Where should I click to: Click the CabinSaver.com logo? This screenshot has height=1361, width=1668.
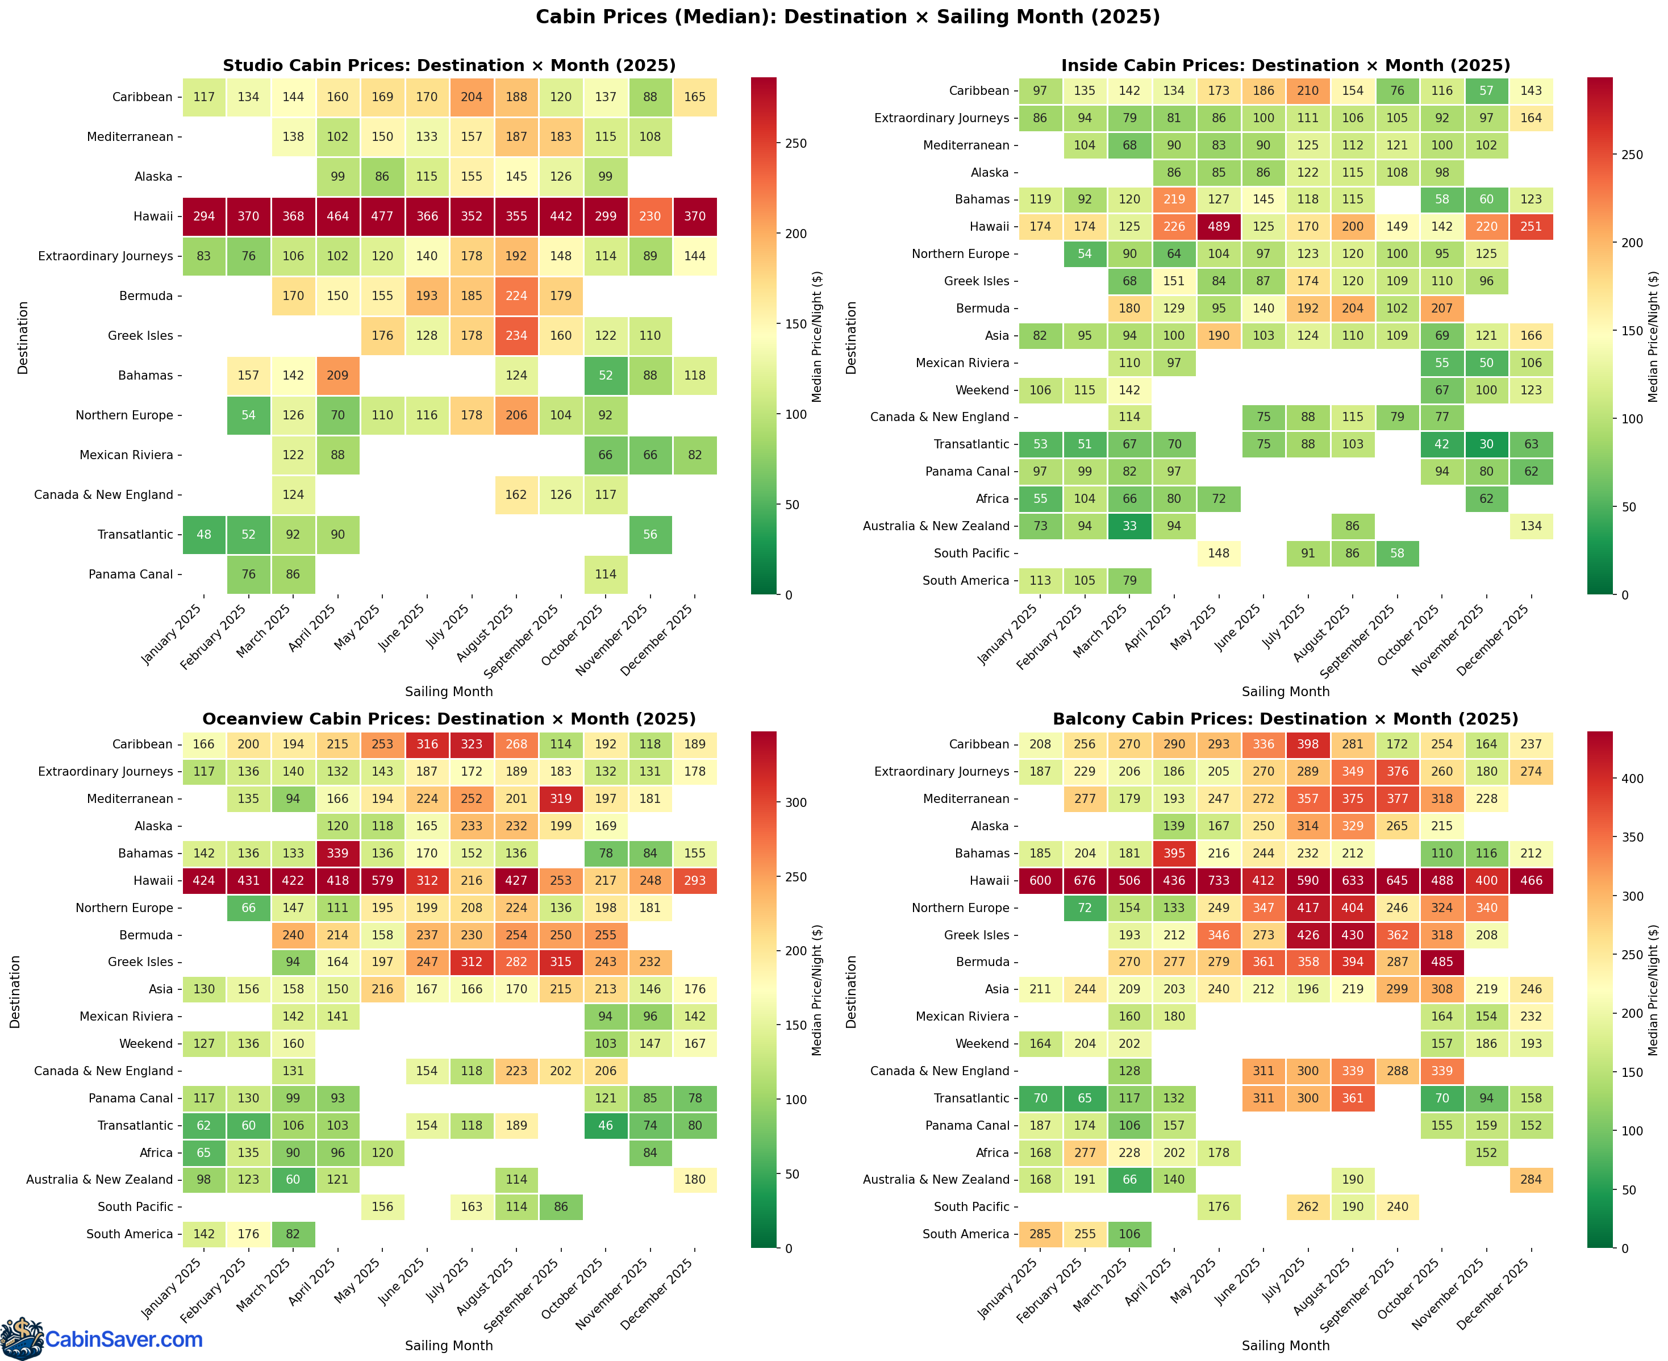[102, 1339]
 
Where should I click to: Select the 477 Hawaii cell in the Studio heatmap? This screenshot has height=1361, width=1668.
[382, 217]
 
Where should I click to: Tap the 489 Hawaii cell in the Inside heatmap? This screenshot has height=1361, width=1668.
[1218, 227]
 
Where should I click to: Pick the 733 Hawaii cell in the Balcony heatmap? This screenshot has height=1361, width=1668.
[1218, 880]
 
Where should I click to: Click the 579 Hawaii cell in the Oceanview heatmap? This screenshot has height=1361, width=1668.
[382, 880]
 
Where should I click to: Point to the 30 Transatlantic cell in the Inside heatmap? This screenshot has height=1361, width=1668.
[1486, 444]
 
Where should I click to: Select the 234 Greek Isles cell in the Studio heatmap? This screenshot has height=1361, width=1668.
[516, 335]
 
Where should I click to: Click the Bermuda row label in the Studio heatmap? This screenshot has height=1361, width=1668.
[146, 295]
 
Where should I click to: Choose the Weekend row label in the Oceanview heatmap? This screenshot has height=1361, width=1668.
[146, 1043]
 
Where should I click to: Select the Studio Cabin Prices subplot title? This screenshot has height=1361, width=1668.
[449, 65]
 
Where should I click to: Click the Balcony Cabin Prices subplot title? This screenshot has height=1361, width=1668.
[1286, 719]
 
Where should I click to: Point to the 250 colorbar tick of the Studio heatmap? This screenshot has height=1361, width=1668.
[795, 143]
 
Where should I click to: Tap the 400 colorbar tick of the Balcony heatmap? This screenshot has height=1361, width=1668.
[1633, 779]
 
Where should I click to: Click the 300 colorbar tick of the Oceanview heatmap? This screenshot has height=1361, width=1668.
[795, 803]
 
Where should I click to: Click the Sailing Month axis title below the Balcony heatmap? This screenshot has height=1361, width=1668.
[1286, 1345]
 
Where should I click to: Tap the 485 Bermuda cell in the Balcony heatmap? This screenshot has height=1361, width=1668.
[1441, 962]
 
